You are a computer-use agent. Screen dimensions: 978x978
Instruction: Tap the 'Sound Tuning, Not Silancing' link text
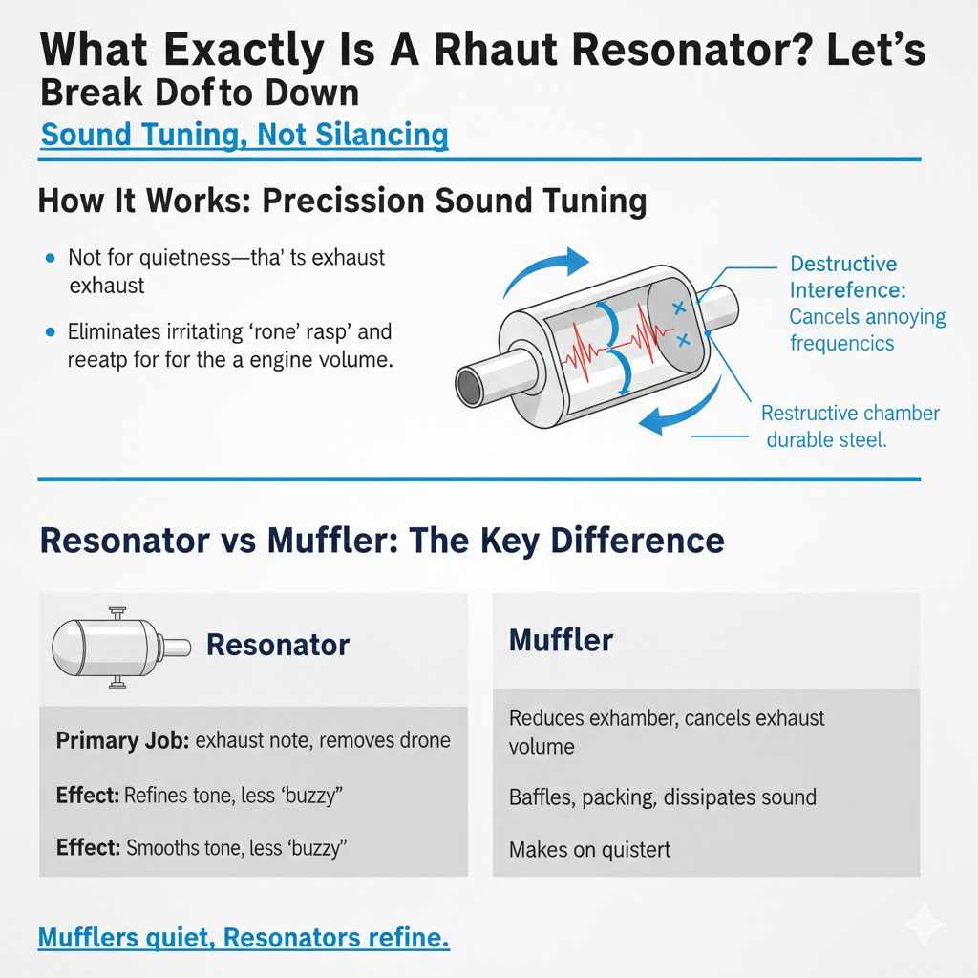click(x=244, y=134)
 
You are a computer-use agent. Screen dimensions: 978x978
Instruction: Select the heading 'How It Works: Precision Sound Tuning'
click(x=342, y=201)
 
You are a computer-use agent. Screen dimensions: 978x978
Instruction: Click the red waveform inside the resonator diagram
click(x=611, y=350)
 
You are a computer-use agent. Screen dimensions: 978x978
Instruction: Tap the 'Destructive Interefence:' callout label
click(x=843, y=276)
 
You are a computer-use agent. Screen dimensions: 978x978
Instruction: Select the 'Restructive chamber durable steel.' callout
click(x=851, y=427)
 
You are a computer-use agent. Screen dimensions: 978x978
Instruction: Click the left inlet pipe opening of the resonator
click(x=469, y=387)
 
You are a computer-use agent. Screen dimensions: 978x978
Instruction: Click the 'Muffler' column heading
click(x=562, y=640)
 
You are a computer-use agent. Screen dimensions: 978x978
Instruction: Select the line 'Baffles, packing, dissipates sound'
click(x=662, y=796)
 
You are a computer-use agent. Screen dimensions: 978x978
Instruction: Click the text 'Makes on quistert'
click(x=589, y=848)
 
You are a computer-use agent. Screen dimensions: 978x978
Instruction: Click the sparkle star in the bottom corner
click(x=925, y=925)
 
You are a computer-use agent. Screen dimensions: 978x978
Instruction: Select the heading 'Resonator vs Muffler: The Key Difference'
click(x=381, y=541)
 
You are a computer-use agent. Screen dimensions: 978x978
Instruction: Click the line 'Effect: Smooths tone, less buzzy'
click(x=201, y=846)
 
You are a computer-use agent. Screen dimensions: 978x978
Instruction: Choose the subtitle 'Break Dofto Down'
click(x=200, y=93)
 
